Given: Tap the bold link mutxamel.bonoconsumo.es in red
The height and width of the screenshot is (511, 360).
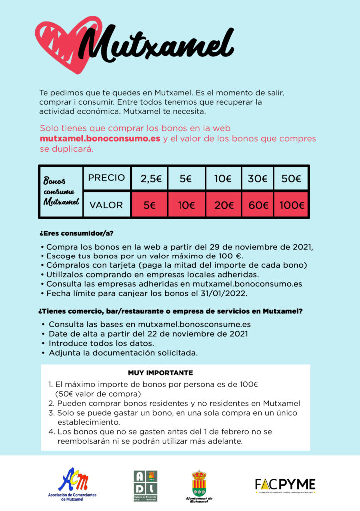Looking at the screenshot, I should tap(100, 138).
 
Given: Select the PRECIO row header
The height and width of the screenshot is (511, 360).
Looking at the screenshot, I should tap(106, 178).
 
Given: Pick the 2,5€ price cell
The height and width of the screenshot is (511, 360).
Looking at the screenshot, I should tap(149, 178).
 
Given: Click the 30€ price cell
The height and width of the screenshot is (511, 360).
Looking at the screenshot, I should tap(258, 178).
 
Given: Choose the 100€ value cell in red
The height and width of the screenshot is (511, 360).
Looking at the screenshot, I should tap(291, 205).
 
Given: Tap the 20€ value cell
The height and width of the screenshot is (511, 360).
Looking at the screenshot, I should tap(222, 205).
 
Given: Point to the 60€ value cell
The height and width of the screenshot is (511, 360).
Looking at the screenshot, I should tap(258, 205).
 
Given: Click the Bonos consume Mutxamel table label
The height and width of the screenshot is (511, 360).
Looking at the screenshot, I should tap(61, 191).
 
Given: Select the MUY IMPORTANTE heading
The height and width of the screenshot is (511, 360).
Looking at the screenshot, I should tap(161, 373).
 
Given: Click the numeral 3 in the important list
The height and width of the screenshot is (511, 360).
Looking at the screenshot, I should tap(51, 413).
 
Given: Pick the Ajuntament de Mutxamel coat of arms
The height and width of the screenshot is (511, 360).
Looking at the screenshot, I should tap(199, 483).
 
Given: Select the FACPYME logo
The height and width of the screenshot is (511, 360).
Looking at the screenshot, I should tap(285, 485).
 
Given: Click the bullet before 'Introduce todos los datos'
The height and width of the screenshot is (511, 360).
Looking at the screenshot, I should tap(43, 344).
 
